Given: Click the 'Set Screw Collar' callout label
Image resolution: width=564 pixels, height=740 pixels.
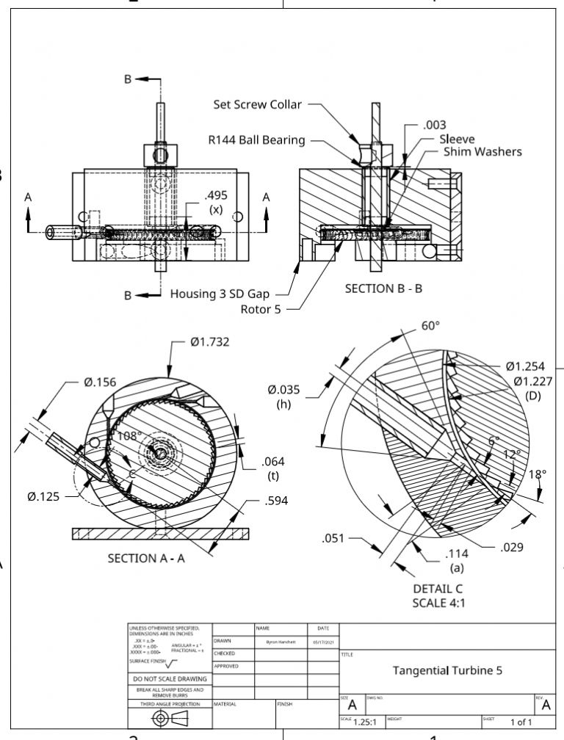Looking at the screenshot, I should pyautogui.click(x=257, y=104).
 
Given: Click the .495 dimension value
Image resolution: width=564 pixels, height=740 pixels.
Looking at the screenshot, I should pyautogui.click(x=216, y=195).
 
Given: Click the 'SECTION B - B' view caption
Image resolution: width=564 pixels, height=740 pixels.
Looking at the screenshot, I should pyautogui.click(x=383, y=289).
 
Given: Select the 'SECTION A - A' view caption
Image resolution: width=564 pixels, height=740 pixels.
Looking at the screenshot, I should pyautogui.click(x=148, y=558).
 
